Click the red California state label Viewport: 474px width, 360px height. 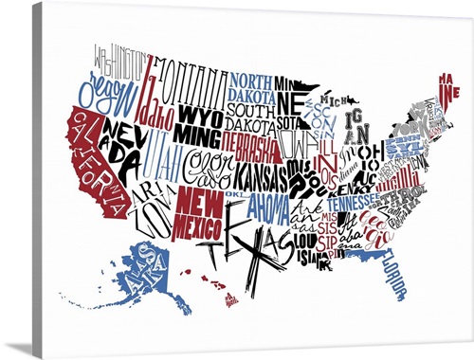click(x=95, y=161)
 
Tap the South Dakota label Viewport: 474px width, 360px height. click(x=250, y=118)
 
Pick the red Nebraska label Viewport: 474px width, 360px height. click(x=250, y=148)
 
